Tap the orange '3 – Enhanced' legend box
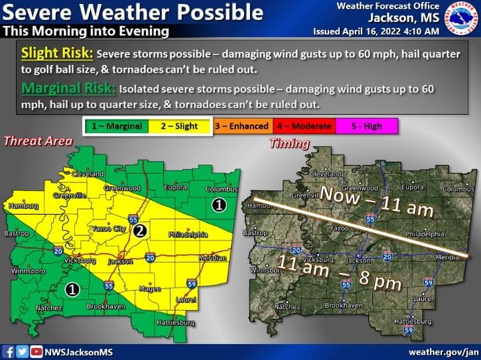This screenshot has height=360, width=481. [x=242, y=125]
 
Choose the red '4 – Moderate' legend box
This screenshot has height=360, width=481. [x=305, y=125]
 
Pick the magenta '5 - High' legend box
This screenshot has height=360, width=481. [x=367, y=125]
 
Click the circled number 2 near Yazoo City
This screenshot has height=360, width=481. [x=139, y=231]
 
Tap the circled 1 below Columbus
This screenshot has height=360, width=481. [x=219, y=206]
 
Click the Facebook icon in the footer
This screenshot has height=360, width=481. [x=9, y=351]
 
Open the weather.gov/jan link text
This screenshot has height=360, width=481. [x=443, y=351]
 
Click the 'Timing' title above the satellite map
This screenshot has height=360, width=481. [x=289, y=143]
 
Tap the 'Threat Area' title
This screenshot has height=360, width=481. [x=38, y=141]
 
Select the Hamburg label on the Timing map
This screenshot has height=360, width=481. [x=259, y=206]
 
